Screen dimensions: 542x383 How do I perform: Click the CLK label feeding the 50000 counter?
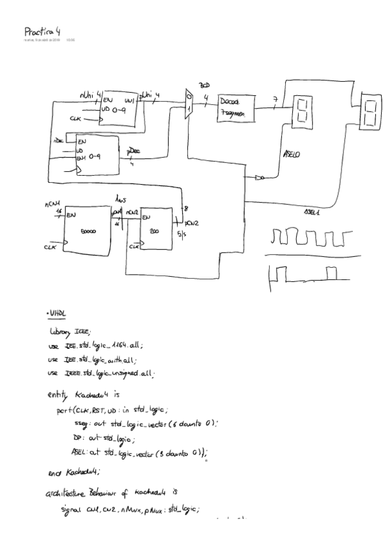coord(49,246)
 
